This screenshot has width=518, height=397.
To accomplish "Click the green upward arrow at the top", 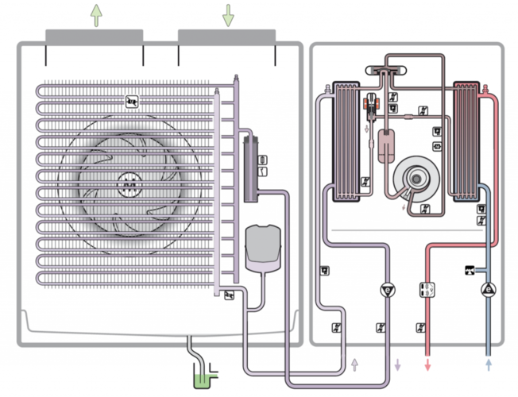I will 96,14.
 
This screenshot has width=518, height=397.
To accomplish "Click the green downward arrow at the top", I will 228,14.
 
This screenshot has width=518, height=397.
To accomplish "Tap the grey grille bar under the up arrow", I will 94,36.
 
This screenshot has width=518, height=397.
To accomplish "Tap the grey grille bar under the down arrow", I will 226,36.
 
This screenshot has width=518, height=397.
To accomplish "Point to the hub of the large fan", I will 127,184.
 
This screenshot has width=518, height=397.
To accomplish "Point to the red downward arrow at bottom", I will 427,365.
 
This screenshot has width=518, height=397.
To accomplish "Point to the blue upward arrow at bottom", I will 488,364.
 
